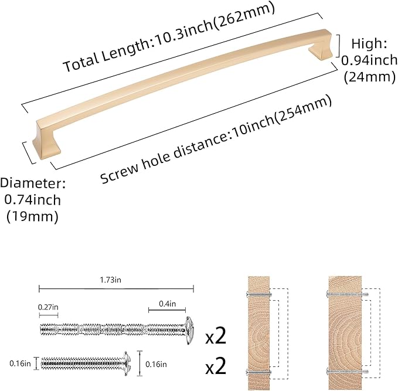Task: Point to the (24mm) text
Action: click(366, 75)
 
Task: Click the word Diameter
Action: click(33, 183)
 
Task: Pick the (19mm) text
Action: click(32, 216)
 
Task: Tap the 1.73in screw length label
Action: click(116, 281)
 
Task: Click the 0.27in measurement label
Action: click(48, 306)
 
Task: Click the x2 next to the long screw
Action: click(216, 336)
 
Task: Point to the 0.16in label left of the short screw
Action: click(20, 363)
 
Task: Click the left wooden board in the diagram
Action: click(257, 332)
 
